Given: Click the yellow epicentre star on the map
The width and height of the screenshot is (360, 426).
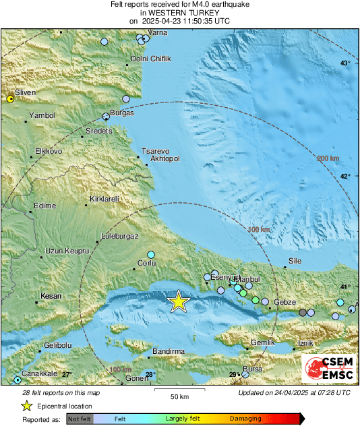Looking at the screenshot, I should click(178, 301).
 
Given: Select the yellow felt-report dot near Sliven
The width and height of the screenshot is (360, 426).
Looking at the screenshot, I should click(10, 99).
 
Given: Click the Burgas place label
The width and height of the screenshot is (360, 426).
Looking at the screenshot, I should click(122, 113).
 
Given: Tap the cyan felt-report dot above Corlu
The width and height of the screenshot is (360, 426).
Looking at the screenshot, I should click(151, 254).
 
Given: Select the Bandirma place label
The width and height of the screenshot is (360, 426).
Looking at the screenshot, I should click(169, 351).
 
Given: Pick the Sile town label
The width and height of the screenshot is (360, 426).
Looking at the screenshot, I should click(295, 260).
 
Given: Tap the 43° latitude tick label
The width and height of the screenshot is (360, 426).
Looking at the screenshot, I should click(344, 63).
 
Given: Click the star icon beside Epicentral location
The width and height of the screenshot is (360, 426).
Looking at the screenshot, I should click(26, 406).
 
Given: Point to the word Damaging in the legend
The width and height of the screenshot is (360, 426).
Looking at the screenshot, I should click(246, 419).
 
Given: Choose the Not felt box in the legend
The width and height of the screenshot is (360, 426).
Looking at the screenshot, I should click(80, 419).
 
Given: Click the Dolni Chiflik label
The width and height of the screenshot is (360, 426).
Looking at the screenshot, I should click(151, 59).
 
